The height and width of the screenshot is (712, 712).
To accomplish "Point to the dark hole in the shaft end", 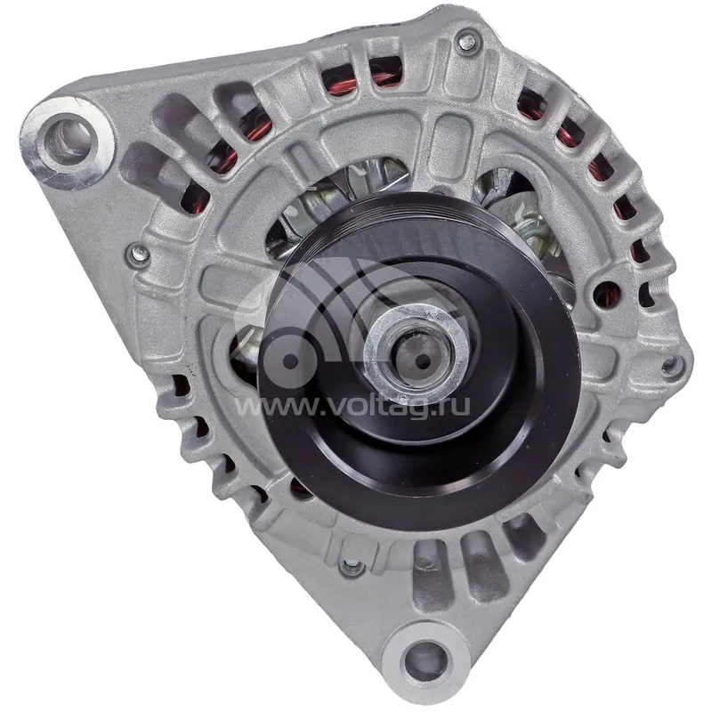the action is click(x=425, y=361).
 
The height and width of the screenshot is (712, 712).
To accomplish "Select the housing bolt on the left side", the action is click(x=139, y=255).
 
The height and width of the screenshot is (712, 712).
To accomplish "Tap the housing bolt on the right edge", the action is click(x=671, y=365).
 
